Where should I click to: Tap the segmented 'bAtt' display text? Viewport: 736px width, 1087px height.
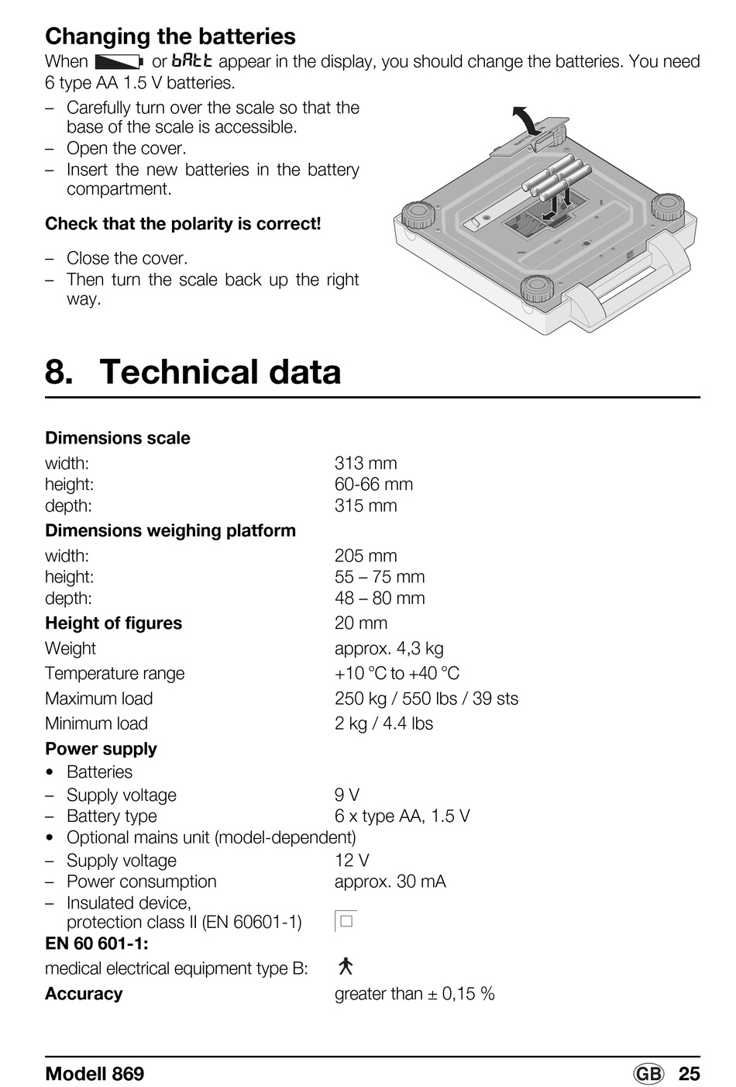[x=192, y=61]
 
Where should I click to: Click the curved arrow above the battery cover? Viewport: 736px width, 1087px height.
[x=528, y=119]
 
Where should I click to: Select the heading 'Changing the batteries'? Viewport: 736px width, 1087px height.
[x=170, y=36]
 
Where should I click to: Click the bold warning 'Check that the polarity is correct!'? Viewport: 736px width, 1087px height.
[x=183, y=224]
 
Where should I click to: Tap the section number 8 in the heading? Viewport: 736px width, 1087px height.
[x=59, y=371]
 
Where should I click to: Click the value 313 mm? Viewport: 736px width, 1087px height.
[x=366, y=463]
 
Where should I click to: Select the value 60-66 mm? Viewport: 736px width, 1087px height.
[x=374, y=485]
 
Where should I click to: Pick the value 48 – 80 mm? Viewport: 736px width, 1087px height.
[x=380, y=598]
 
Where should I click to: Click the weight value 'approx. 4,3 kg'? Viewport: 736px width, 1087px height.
[x=389, y=649]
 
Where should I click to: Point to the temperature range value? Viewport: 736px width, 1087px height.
[x=397, y=674]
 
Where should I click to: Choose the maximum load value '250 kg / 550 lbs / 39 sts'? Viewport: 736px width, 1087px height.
[x=426, y=699]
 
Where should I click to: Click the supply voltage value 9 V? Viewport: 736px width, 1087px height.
[x=346, y=795]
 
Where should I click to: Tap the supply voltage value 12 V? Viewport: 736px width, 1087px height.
[x=352, y=861]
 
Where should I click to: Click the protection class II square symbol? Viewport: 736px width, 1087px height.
[x=346, y=920]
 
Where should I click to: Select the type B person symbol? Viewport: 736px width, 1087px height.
[x=346, y=966]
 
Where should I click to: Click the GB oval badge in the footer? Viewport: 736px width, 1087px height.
[x=648, y=1074]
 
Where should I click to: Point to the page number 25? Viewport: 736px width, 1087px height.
[x=689, y=1074]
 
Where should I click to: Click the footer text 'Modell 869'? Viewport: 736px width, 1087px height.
[x=95, y=1074]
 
